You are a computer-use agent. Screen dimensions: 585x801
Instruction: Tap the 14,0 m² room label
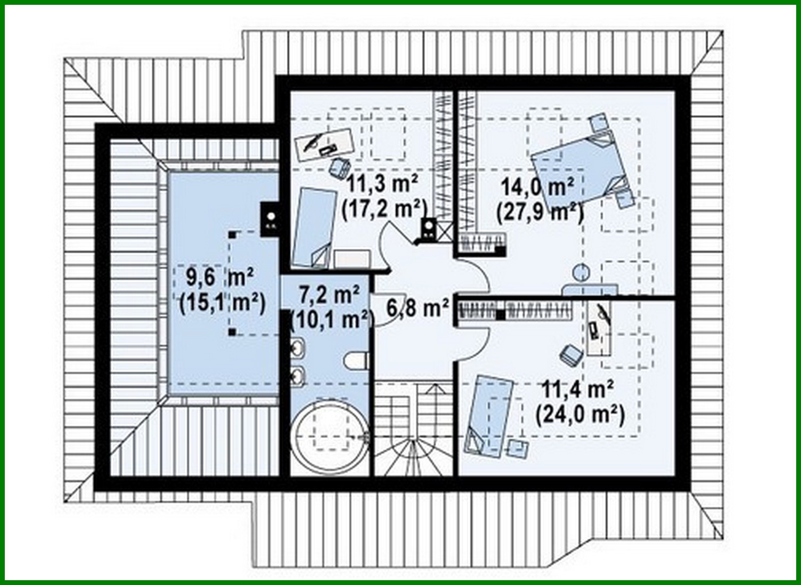point(538,188)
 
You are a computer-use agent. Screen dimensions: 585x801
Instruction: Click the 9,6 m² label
point(219,277)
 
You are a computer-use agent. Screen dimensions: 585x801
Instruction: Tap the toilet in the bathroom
point(356,361)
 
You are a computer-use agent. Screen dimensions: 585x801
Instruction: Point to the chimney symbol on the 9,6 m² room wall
point(271,218)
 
